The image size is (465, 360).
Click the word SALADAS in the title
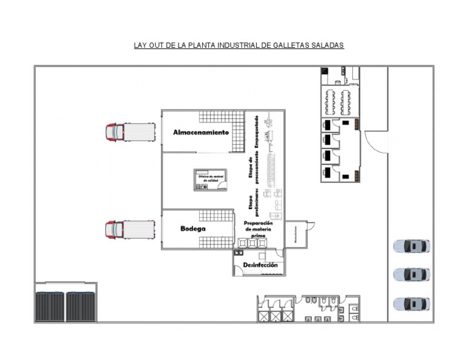coord(328,45)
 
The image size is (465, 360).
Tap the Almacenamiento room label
coord(201,132)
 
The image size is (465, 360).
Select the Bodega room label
coord(193,229)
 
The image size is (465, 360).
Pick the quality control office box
coord(210,179)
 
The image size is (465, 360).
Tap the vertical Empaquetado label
coord(257,132)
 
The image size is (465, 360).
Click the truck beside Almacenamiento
coord(130,132)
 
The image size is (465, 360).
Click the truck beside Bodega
coord(130,229)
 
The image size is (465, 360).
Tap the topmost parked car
coord(412,246)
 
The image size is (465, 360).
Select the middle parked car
coord(412,275)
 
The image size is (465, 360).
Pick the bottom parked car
coord(412,304)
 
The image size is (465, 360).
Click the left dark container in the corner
coord(50,306)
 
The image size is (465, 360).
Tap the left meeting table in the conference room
coord(331,102)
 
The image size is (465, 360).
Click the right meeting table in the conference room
coord(346,102)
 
